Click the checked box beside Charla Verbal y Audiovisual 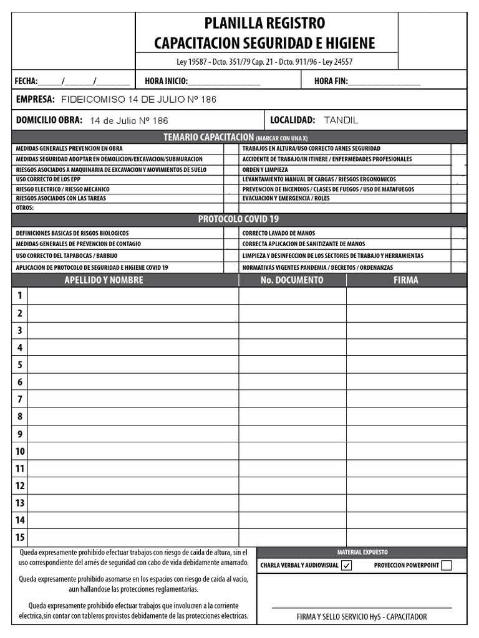coord(347,566)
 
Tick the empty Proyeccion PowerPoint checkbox coord(446,566)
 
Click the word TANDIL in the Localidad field coord(341,120)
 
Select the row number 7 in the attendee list coord(20,399)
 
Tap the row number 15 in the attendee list coord(20,537)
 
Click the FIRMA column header coord(405,280)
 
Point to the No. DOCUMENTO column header coord(292,280)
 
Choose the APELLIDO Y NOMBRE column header coord(104,280)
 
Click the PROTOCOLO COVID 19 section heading coord(238,219)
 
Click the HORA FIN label coord(331,81)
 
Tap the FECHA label coord(26,81)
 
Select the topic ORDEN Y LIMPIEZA coord(265,169)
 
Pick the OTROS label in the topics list coord(25,208)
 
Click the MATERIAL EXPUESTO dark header coord(362,552)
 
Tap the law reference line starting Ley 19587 coord(265,62)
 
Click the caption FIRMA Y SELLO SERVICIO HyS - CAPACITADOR coord(362,617)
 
